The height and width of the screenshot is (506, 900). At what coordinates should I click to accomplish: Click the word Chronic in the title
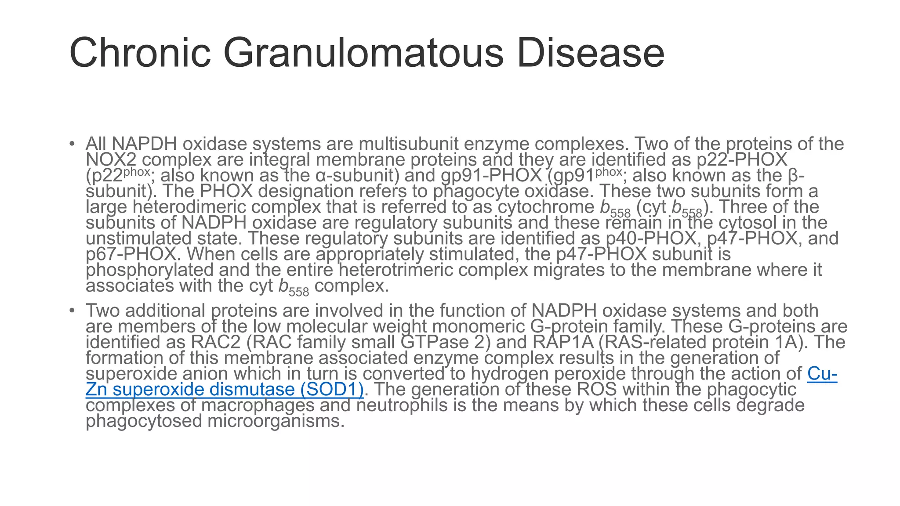coord(140,53)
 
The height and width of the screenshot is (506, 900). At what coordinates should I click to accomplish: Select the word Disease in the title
coord(590,53)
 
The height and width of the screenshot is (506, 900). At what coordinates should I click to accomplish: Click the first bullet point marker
coord(72,144)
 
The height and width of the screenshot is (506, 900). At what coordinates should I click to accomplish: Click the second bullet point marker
coord(72,311)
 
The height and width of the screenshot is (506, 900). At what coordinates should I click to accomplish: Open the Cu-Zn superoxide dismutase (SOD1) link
coord(224,390)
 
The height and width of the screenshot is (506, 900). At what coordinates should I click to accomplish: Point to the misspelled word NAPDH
coord(145,144)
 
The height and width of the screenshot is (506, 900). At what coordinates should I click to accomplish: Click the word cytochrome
coord(546,207)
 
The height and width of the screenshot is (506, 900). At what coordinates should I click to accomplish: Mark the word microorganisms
coord(276,421)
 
